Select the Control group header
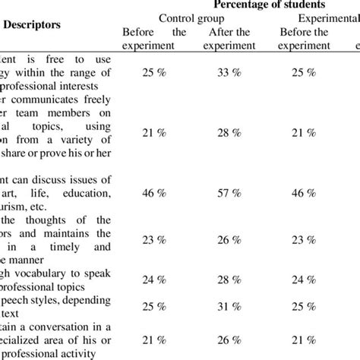coord(187,18)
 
